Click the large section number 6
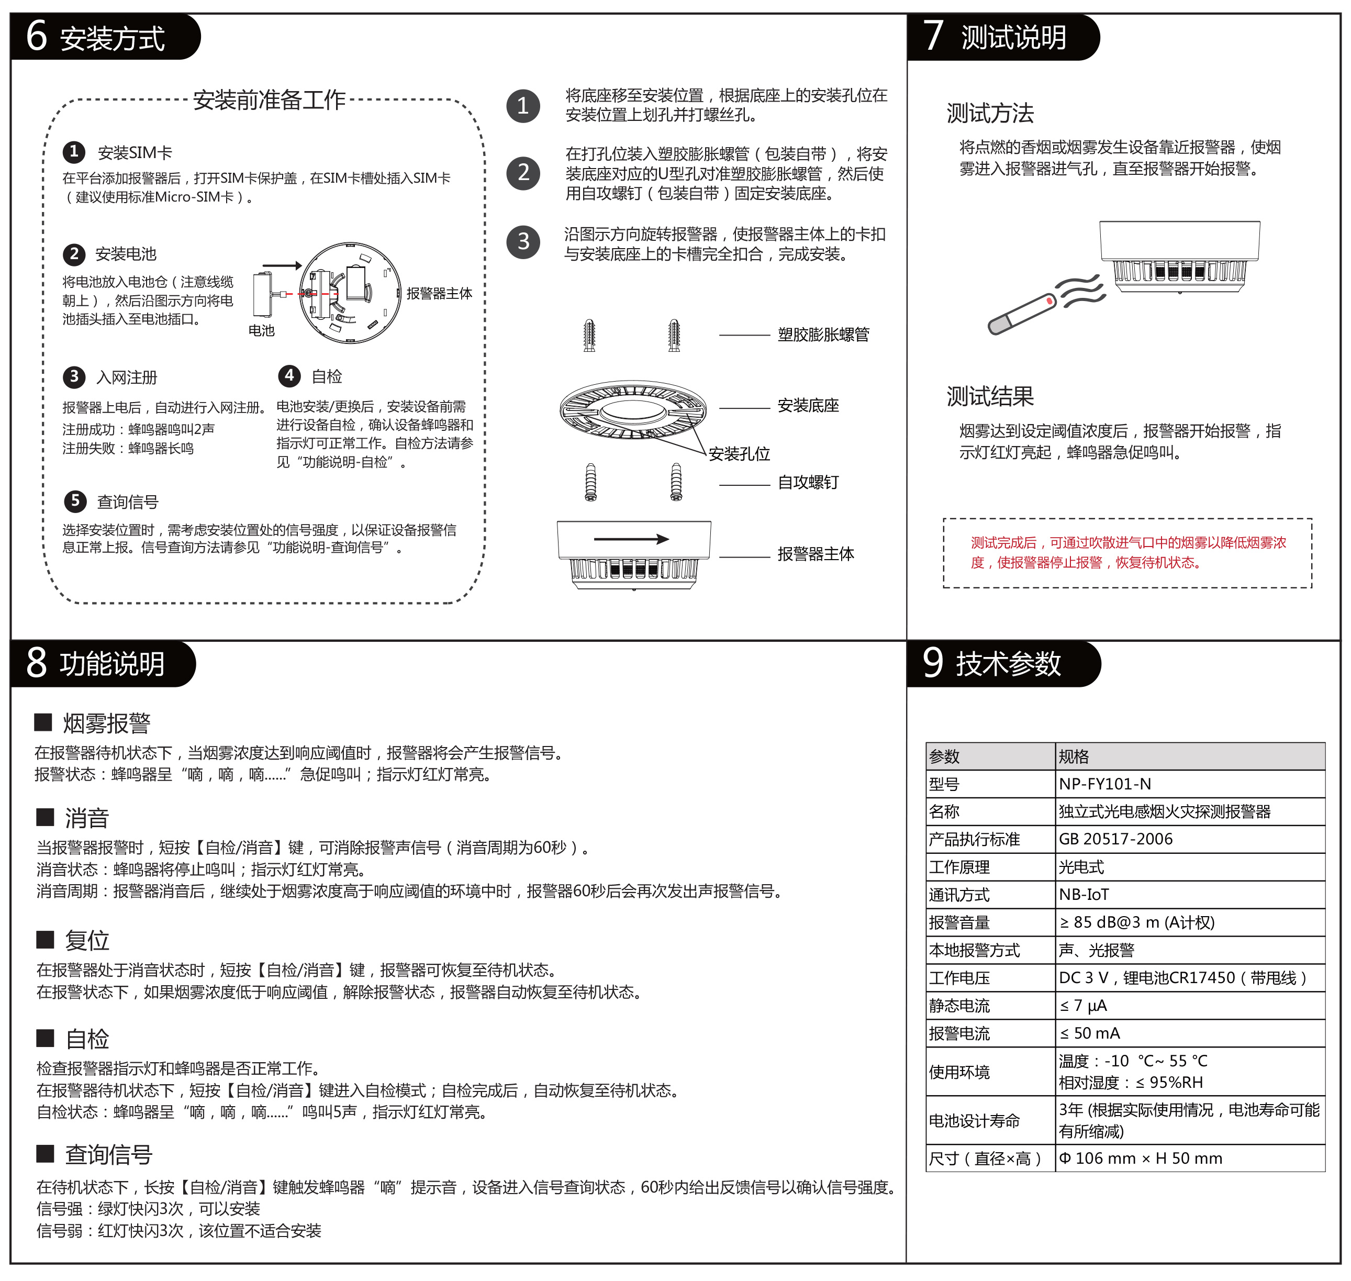point(37,36)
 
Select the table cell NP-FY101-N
point(1104,784)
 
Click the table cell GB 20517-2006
point(1115,839)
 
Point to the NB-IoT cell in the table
point(1084,895)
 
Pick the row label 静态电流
point(959,1006)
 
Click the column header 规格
point(1074,756)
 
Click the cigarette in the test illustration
point(1022,315)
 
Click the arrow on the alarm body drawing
point(631,539)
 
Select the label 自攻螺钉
point(808,483)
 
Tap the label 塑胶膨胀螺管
point(823,335)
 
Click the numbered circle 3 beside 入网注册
point(74,377)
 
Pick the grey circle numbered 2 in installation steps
point(523,173)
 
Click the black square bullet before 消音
point(45,817)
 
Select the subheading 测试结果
point(990,397)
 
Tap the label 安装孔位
point(739,454)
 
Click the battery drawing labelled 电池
point(263,295)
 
